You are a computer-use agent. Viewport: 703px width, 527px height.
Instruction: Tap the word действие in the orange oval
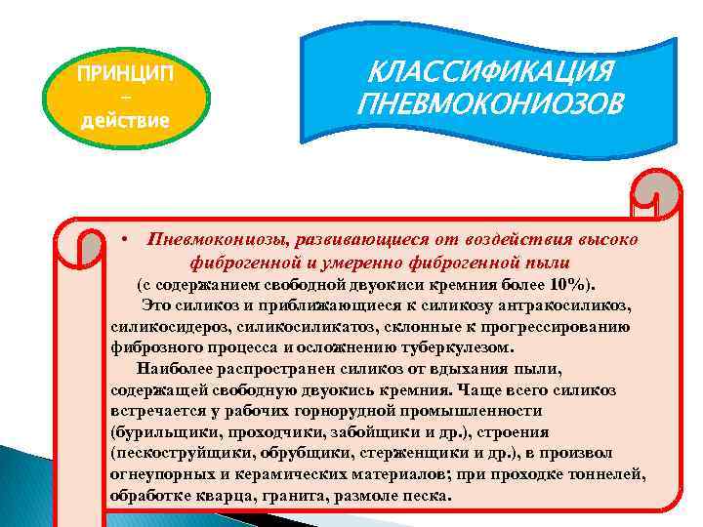click(x=126, y=121)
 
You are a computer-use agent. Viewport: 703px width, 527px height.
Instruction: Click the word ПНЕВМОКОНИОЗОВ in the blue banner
click(x=488, y=102)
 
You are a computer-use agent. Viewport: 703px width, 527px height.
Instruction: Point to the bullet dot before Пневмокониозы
click(x=126, y=239)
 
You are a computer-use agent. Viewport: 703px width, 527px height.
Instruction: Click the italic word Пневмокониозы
click(x=206, y=240)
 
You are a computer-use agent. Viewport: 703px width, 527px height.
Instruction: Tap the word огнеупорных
click(x=157, y=474)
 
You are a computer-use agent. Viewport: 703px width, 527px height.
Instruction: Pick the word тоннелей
click(x=609, y=474)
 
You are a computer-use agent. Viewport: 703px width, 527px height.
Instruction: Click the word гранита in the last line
click(x=297, y=495)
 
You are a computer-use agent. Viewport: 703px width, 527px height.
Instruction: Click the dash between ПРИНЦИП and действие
click(x=126, y=100)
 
